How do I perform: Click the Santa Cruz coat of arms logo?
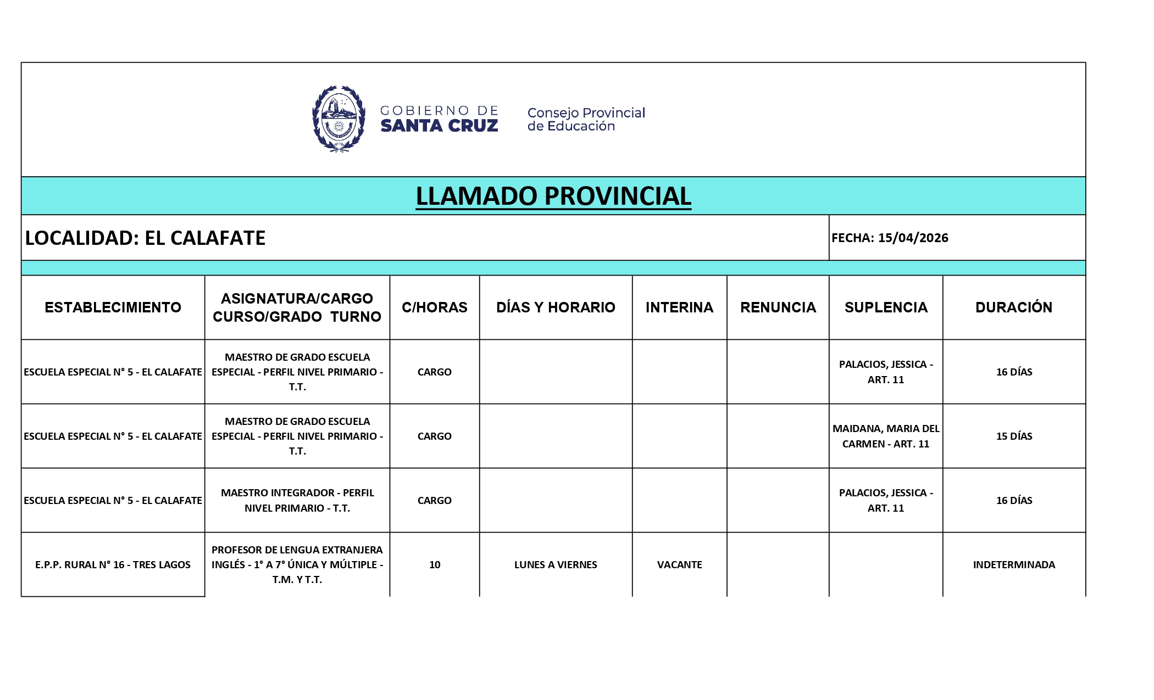(x=339, y=119)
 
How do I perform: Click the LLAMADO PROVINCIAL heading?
(x=553, y=196)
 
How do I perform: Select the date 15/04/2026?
(x=913, y=238)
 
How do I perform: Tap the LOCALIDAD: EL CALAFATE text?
(x=145, y=238)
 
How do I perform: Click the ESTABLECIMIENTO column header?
(x=113, y=307)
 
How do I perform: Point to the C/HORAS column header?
(x=434, y=307)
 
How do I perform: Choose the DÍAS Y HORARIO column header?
(x=556, y=307)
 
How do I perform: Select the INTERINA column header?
(x=679, y=307)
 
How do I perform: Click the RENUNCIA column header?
(x=778, y=307)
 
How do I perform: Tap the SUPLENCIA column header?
(x=886, y=307)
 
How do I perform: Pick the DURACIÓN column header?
(x=1014, y=307)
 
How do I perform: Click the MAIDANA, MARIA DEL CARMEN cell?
(x=886, y=436)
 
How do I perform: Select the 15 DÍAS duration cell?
(x=1014, y=436)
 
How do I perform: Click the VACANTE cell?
(x=679, y=564)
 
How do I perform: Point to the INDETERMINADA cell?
(x=1014, y=564)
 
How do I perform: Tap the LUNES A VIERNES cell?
(x=556, y=564)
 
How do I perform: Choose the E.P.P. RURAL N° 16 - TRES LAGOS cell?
(x=113, y=564)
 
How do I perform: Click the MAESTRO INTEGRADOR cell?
(x=297, y=500)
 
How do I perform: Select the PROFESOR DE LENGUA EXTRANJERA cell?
(x=297, y=564)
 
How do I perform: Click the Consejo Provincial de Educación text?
(x=586, y=119)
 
